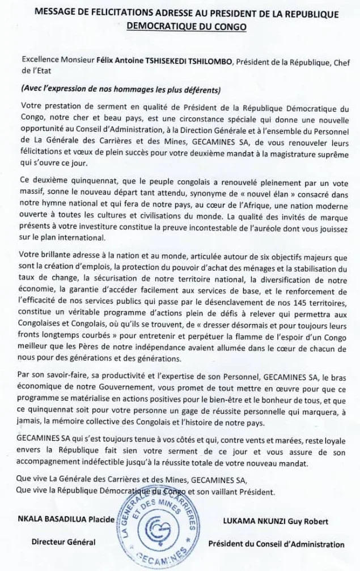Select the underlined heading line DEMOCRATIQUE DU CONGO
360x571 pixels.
[180, 25]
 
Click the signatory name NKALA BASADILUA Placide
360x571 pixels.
[65, 519]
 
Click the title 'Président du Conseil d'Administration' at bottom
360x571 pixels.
[276, 544]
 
